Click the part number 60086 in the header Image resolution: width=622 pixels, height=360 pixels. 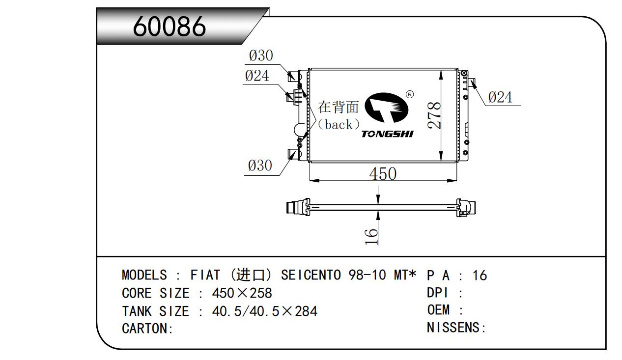(x=170, y=27)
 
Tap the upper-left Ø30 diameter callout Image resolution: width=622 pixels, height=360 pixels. (x=261, y=55)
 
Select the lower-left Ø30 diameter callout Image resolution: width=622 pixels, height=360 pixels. (x=260, y=166)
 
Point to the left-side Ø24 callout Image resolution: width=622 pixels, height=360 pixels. (x=257, y=76)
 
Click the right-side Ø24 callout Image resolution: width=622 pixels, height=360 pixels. (x=500, y=97)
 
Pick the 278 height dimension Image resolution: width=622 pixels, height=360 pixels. (x=434, y=115)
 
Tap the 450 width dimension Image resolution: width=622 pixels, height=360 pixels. (x=383, y=174)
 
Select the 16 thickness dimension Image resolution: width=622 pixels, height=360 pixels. (x=371, y=237)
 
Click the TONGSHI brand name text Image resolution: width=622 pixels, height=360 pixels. (x=387, y=134)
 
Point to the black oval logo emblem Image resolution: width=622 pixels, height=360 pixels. (x=386, y=108)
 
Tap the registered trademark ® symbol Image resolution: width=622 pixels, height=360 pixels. (x=410, y=95)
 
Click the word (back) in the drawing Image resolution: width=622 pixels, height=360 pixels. (x=339, y=125)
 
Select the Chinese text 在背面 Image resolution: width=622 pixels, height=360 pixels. (x=338, y=107)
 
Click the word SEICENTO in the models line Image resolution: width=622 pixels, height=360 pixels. (x=311, y=275)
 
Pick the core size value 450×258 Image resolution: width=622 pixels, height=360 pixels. (x=242, y=293)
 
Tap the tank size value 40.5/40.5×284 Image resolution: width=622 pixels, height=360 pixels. (x=265, y=311)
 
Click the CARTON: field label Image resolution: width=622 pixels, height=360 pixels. (x=147, y=329)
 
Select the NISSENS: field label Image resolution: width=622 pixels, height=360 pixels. (x=456, y=328)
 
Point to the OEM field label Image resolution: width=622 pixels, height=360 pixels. (x=438, y=310)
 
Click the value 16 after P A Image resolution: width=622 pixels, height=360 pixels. (x=480, y=276)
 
